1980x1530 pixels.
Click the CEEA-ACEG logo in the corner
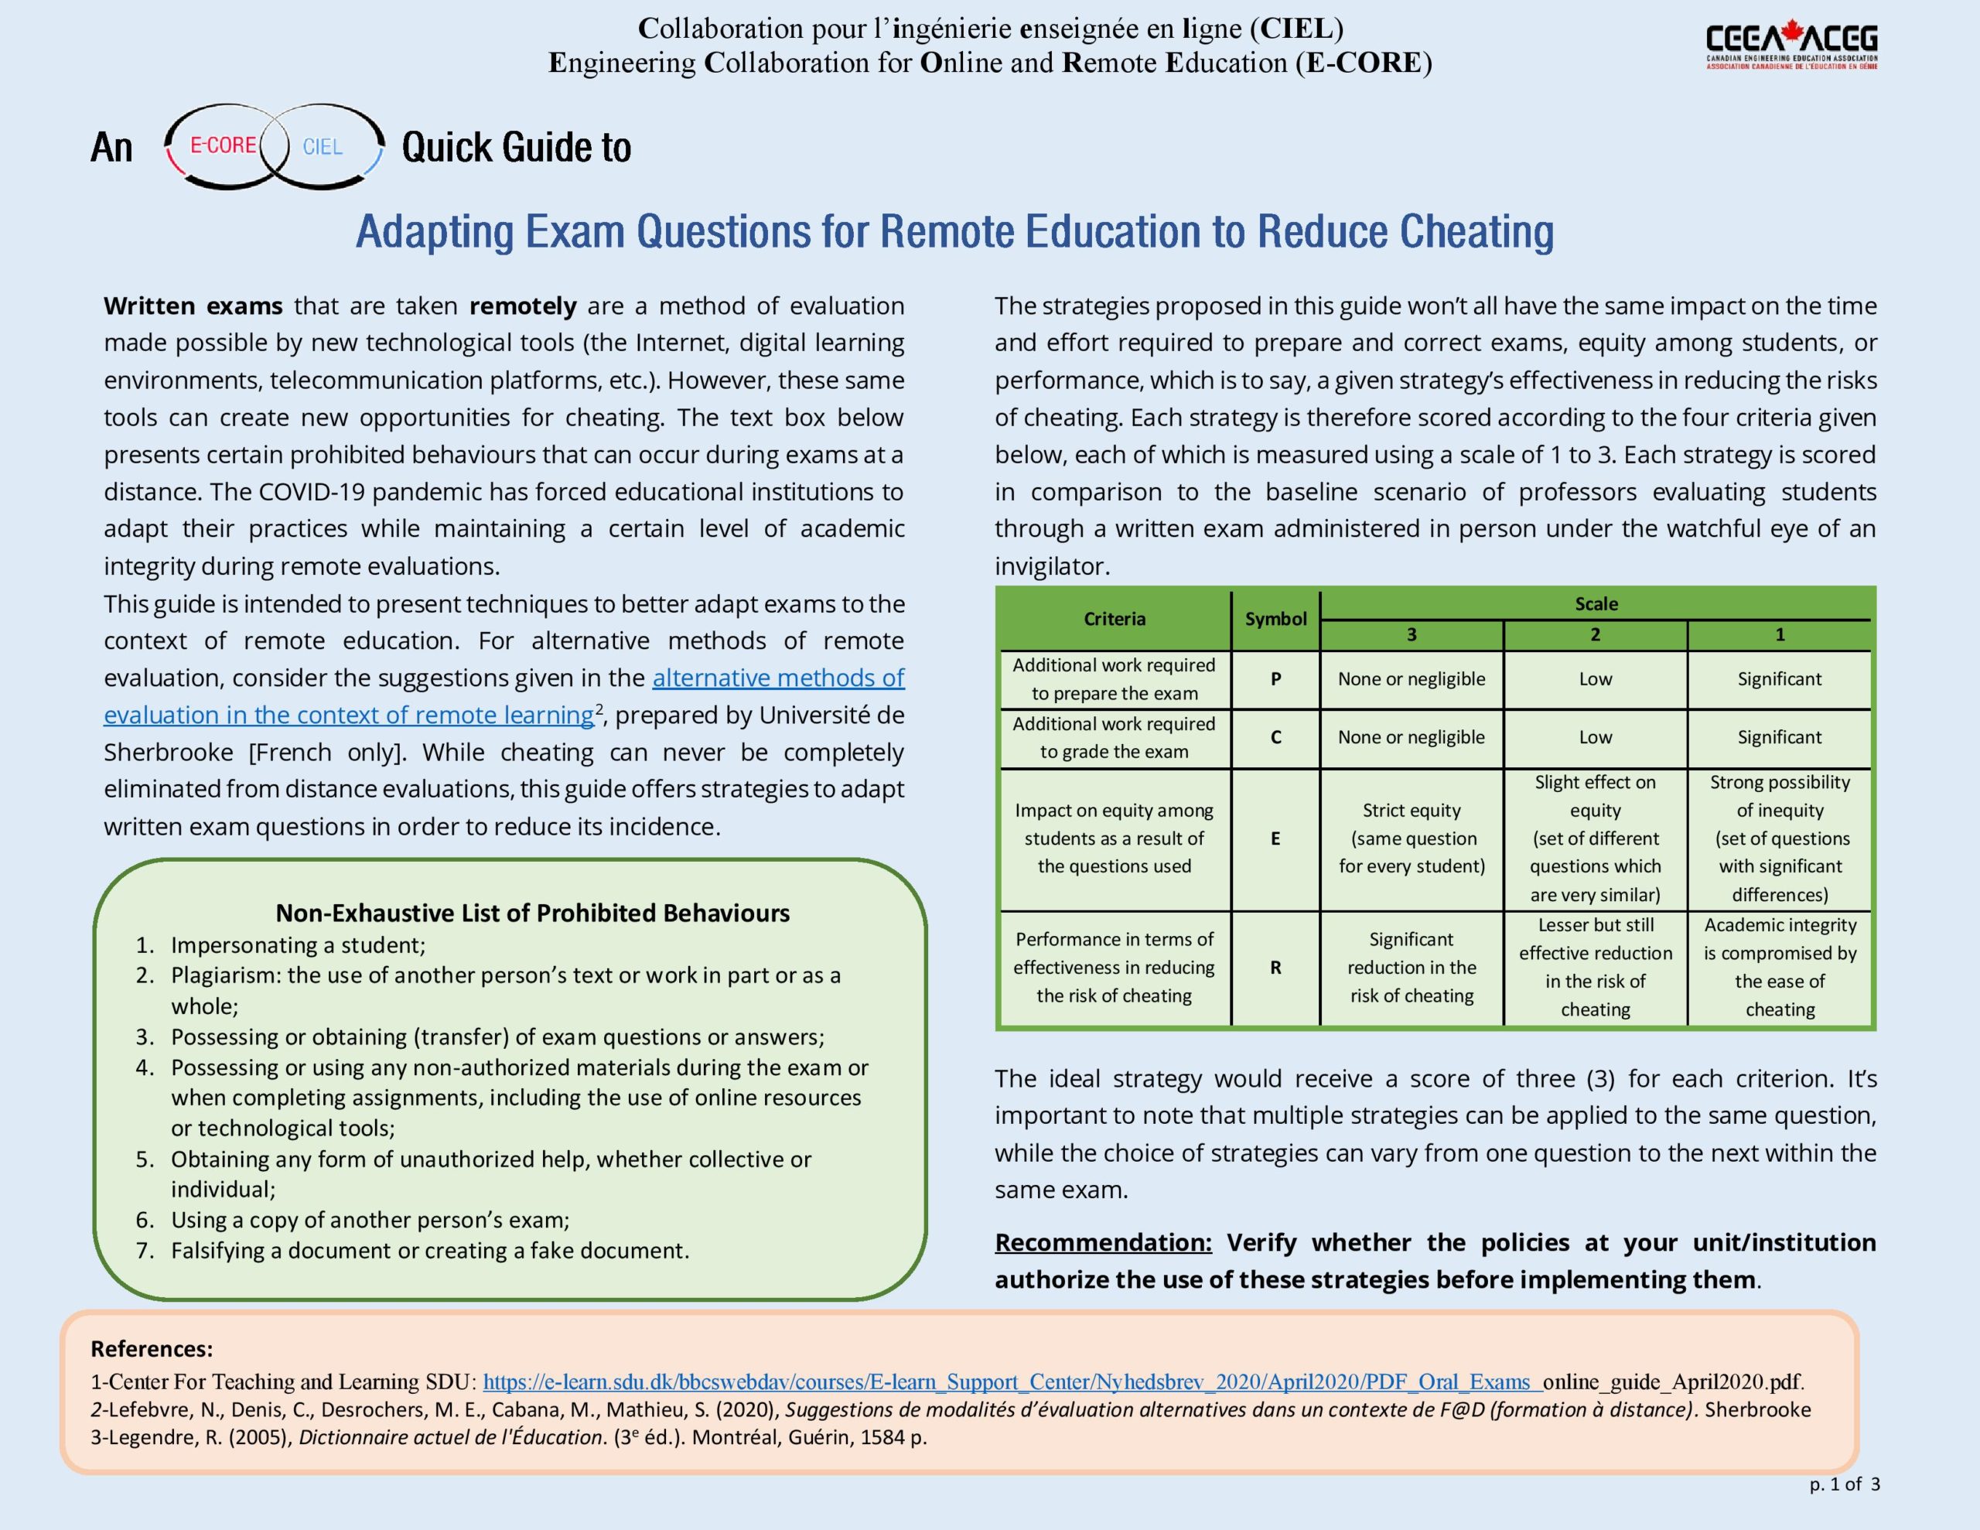[1791, 46]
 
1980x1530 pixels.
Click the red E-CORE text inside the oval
[223, 145]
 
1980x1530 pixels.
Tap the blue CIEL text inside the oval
[323, 147]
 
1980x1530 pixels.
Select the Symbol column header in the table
[1275, 619]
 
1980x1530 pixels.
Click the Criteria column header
[1115, 619]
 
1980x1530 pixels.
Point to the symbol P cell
[1275, 678]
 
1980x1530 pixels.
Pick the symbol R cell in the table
[1275, 968]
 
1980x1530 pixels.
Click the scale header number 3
[1411, 635]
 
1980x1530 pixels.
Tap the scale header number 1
[1780, 635]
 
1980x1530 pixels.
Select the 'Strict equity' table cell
[1412, 838]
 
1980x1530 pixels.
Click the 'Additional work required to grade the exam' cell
[1115, 737]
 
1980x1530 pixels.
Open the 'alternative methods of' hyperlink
[778, 678]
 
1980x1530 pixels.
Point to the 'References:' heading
[152, 1349]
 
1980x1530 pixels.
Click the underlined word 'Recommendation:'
[1102, 1241]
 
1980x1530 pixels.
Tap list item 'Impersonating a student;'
[297, 945]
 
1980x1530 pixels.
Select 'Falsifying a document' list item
[430, 1250]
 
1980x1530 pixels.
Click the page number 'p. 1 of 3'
[1845, 1484]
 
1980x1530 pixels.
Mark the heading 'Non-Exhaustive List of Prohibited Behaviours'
[532, 913]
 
